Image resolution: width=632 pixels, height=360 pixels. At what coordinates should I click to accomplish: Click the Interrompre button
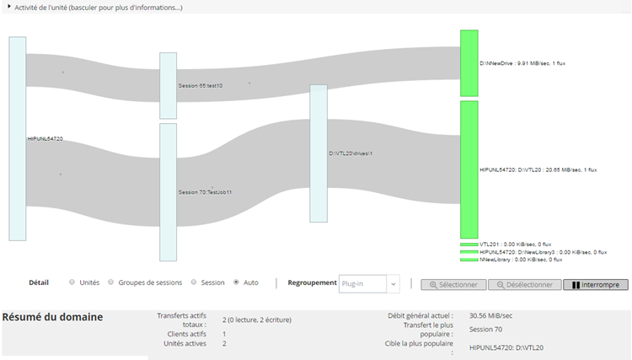(595, 285)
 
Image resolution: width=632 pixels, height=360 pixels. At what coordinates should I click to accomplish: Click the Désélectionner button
(524, 285)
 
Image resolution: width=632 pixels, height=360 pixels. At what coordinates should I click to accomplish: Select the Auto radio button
(236, 282)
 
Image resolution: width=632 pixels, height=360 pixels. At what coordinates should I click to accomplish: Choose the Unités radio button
(72, 282)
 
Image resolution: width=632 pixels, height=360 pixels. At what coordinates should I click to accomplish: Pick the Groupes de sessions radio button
(111, 282)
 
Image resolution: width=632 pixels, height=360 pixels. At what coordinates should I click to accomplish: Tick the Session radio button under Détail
(194, 282)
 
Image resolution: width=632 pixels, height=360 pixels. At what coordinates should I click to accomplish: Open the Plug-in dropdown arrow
(394, 284)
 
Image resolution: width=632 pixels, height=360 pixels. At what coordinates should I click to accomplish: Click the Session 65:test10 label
(201, 86)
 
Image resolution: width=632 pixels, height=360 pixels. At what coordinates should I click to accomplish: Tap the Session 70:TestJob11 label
(205, 192)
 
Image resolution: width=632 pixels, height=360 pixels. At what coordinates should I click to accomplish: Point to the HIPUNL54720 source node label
(46, 138)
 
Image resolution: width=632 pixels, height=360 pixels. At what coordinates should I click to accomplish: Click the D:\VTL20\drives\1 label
(351, 153)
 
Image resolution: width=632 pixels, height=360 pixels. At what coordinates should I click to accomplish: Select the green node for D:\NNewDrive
(469, 63)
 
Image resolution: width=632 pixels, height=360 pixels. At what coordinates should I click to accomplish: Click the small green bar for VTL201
(469, 244)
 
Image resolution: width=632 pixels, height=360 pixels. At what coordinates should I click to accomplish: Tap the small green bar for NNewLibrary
(469, 260)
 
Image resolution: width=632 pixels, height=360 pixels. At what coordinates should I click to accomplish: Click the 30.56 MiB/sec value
(490, 315)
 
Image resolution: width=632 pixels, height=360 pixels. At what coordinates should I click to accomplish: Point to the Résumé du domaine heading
(52, 317)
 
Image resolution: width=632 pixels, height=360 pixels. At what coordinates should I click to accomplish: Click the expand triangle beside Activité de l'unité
(9, 7)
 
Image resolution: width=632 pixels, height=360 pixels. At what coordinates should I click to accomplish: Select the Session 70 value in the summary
(485, 330)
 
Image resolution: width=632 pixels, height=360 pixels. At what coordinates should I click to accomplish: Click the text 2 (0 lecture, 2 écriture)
(257, 320)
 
